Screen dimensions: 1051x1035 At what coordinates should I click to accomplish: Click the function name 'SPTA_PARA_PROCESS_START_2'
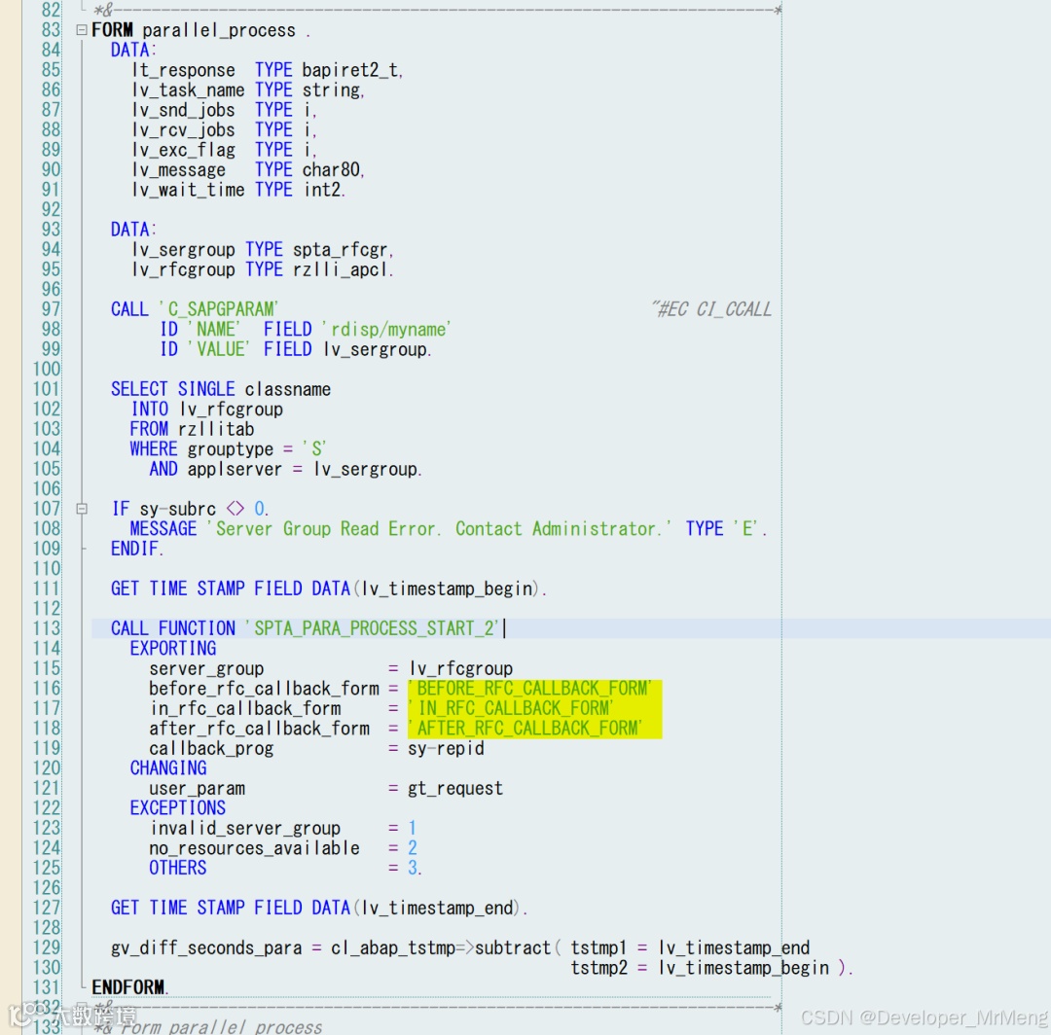coord(374,628)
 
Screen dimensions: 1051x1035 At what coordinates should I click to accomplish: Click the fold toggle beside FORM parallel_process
coord(82,30)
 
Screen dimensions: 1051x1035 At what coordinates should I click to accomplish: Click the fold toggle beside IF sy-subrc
coord(82,509)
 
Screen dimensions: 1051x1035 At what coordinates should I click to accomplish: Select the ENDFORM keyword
coord(129,987)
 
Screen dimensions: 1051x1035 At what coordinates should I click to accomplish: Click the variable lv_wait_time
coord(188,190)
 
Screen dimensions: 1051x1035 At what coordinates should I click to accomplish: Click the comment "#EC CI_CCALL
coord(710,309)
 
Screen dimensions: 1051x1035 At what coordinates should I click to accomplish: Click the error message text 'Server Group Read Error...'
coord(439,529)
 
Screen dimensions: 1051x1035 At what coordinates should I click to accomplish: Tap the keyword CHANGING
coord(167,768)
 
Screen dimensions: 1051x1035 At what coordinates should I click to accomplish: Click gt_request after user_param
coord(454,788)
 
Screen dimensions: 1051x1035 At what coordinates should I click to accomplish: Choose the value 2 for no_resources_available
coord(413,848)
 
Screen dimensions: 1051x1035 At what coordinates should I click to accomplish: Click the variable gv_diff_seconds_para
coord(206,947)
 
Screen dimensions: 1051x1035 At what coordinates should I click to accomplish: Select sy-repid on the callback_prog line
coord(446,748)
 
